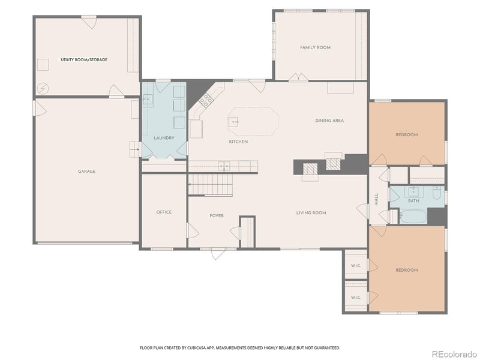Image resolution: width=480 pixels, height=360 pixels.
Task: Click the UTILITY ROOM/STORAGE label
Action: pos(84,60)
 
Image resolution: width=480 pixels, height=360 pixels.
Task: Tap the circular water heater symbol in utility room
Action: pos(43,88)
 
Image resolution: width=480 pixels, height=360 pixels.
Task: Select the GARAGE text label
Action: pos(86,172)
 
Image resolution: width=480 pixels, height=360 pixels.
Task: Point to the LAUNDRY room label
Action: pos(164,138)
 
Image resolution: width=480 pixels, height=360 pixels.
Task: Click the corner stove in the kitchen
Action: pos(205,99)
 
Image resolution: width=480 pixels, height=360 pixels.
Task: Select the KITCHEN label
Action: pos(238,142)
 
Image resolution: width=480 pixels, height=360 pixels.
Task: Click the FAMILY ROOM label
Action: pos(315,47)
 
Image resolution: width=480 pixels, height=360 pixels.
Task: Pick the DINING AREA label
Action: pos(329,121)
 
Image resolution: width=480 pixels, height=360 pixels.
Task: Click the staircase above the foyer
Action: pos(211,185)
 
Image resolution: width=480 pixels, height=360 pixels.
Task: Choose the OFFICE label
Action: pos(164,212)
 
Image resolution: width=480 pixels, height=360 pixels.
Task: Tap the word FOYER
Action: pos(217,215)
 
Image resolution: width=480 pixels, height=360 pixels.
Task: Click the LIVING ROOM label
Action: pos(311,212)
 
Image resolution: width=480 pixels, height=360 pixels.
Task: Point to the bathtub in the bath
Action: pos(413,216)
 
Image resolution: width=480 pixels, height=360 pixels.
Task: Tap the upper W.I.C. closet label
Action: pos(355,265)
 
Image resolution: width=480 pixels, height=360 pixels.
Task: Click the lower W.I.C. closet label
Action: pos(355,297)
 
